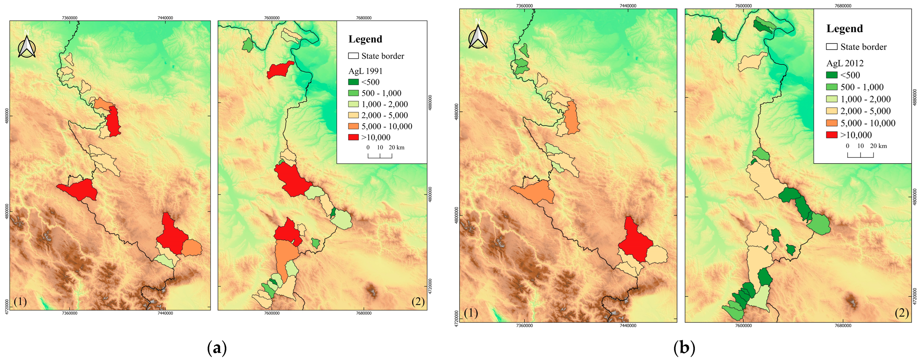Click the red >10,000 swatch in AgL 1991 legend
click(353, 137)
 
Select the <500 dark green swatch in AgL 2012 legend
click(832, 75)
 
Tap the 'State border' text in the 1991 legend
click(382, 56)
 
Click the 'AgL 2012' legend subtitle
click(845, 63)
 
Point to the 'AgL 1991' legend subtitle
click(365, 71)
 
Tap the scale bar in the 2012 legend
click(860, 155)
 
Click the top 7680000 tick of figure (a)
click(364, 18)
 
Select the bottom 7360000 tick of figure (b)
click(524, 325)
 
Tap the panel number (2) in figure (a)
click(418, 302)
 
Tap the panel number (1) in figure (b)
click(471, 313)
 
